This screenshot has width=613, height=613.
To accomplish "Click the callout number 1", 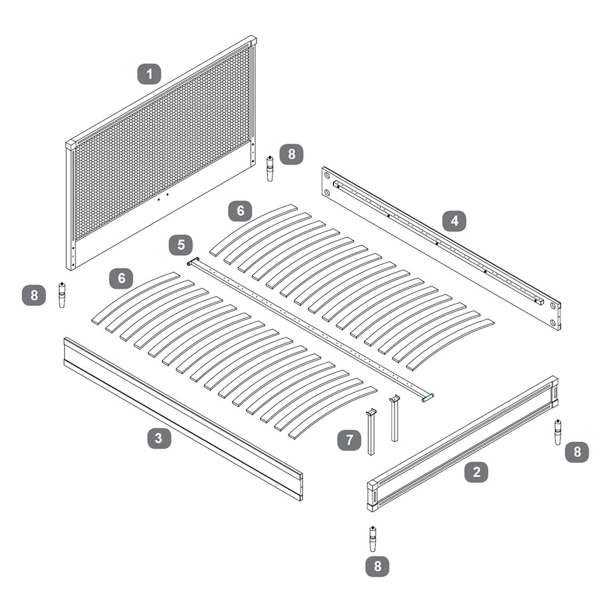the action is [x=149, y=74].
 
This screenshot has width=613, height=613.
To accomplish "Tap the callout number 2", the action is [x=476, y=472].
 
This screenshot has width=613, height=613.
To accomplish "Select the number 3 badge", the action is [x=159, y=438].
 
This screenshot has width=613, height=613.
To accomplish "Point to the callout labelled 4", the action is [x=454, y=221].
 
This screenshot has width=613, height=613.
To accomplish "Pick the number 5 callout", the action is [x=181, y=245].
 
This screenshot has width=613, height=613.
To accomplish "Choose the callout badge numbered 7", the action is [x=349, y=440].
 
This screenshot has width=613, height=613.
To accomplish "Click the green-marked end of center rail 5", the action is [x=428, y=398].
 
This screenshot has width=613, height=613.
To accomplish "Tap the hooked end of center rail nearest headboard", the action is [x=193, y=261].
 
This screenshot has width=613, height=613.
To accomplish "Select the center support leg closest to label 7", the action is [x=371, y=432].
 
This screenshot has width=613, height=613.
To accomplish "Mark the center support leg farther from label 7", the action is [x=394, y=418].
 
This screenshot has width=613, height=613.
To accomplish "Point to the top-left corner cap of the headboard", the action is [x=71, y=145].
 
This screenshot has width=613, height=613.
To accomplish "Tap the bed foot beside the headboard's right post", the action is [x=270, y=169].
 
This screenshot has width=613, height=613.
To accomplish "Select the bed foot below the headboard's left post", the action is [x=62, y=295].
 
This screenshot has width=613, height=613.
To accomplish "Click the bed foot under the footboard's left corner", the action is [x=373, y=539].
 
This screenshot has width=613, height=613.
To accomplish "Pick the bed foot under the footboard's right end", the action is [x=558, y=432].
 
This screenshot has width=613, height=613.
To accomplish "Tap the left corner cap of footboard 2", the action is [x=372, y=486].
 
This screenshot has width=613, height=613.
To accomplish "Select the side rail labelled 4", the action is [x=441, y=249].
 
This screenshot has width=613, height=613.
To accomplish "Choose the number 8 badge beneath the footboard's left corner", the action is [x=377, y=567].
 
